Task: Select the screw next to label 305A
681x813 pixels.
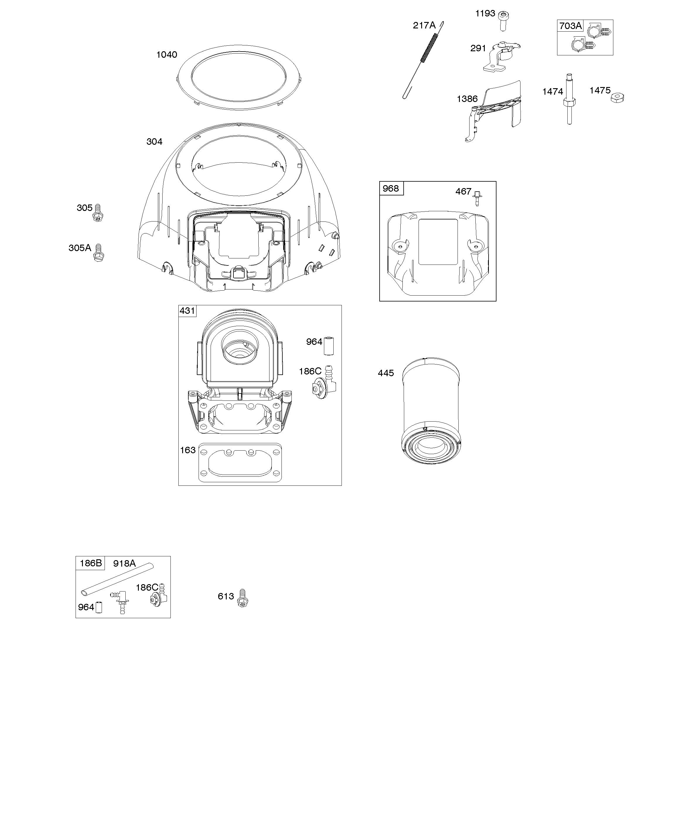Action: pos(99,253)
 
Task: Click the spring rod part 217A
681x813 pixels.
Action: pos(423,60)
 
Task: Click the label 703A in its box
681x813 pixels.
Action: pos(570,26)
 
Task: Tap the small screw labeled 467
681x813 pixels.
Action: pos(477,198)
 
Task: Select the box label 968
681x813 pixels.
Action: pos(391,189)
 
